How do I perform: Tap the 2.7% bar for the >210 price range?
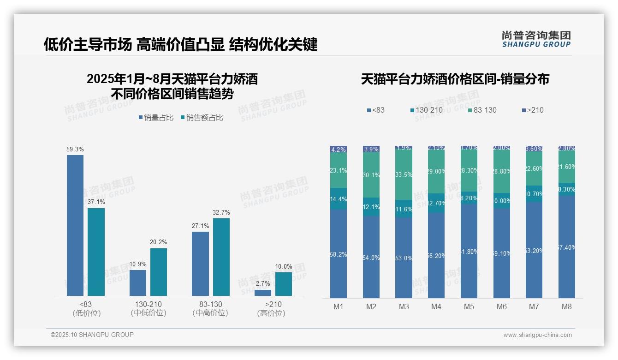(263, 293)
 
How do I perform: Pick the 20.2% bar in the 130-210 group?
(159, 272)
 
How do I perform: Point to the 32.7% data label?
(221, 213)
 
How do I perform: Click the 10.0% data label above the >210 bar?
(284, 267)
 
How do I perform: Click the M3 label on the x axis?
(404, 306)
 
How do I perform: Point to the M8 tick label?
(567, 306)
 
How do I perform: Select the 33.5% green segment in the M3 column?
(404, 175)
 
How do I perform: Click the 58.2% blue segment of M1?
(339, 254)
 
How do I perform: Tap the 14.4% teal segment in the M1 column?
(339, 198)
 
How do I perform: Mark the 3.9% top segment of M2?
(371, 149)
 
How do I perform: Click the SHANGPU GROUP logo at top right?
(536, 39)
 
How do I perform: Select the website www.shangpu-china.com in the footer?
(537, 335)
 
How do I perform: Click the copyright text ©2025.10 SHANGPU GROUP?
(92, 335)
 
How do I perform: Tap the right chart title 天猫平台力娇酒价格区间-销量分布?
(455, 79)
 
